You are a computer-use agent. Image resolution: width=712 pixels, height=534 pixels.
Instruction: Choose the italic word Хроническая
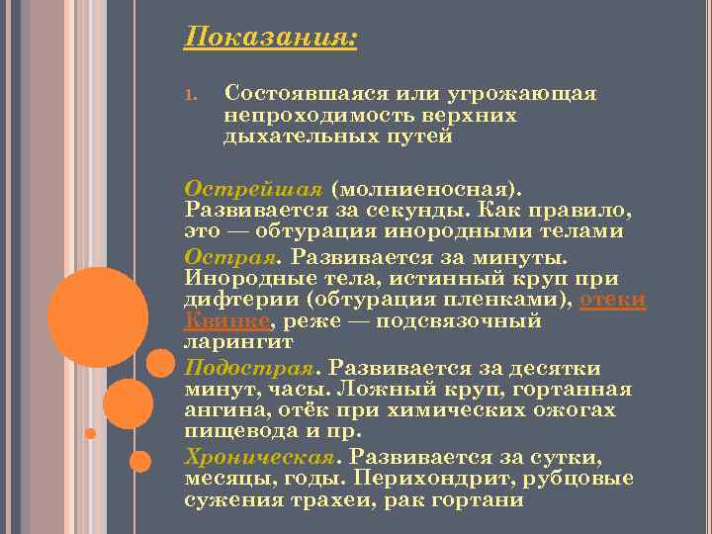[260, 456]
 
